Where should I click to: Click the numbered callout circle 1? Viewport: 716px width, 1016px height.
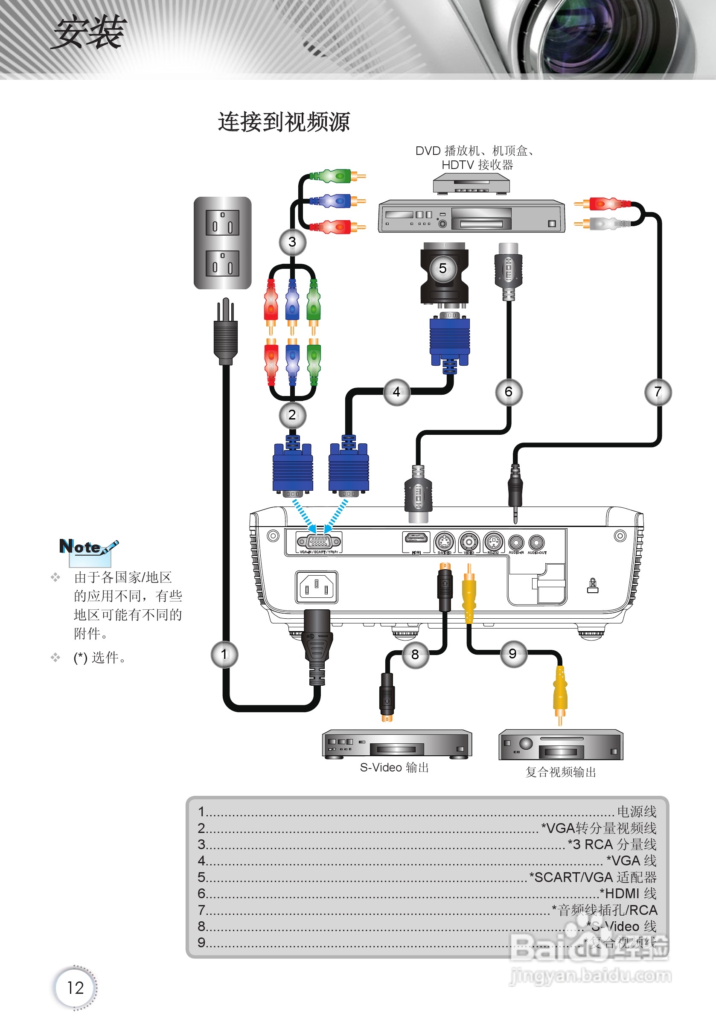click(224, 655)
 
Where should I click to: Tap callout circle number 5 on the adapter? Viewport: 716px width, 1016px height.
click(442, 268)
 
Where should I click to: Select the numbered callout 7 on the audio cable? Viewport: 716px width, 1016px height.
click(658, 392)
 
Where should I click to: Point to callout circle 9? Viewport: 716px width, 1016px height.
click(513, 654)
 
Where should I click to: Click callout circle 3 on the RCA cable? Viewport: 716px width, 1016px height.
click(292, 242)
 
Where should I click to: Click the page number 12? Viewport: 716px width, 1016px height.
click(75, 988)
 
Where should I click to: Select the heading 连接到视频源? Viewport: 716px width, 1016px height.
click(284, 122)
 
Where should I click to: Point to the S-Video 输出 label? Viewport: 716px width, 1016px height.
click(394, 768)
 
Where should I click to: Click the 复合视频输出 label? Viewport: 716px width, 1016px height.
click(561, 772)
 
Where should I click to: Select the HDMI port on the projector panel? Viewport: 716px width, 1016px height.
click(416, 539)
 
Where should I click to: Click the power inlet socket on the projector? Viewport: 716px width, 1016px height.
click(317, 587)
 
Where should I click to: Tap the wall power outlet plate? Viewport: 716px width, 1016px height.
click(223, 243)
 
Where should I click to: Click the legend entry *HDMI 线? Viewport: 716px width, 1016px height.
click(628, 894)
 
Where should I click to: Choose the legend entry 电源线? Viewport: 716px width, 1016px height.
click(636, 812)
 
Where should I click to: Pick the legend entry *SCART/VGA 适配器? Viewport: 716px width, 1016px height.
click(593, 877)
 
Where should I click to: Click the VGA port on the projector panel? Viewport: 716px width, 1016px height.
click(319, 541)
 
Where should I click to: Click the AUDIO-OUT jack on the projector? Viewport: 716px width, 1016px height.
click(536, 542)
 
